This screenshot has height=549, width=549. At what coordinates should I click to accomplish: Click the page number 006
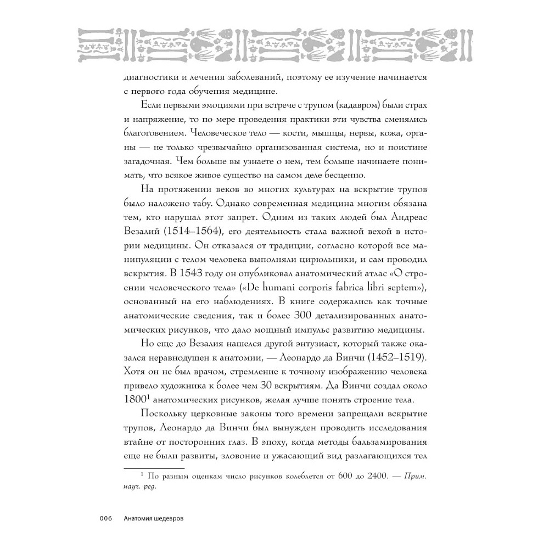coord(105,518)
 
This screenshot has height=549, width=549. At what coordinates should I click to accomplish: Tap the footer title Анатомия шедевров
coord(154,518)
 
